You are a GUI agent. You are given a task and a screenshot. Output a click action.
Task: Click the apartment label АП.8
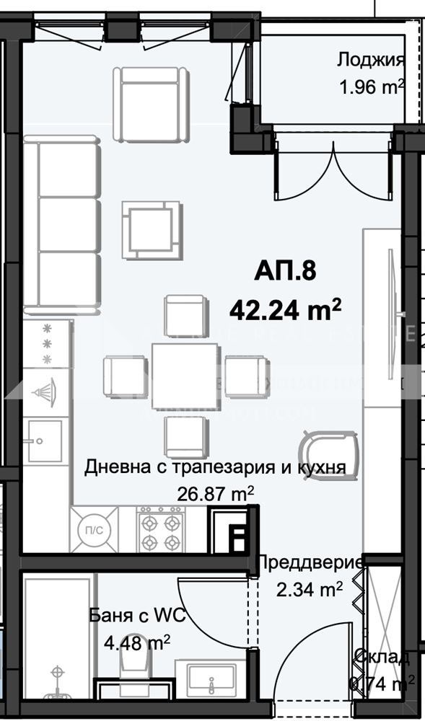tap(285, 273)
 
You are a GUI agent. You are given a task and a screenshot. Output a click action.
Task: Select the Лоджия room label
tap(370, 61)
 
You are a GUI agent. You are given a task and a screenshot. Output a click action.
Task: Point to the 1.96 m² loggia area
tap(371, 88)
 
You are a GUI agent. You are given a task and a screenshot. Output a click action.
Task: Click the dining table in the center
tap(185, 376)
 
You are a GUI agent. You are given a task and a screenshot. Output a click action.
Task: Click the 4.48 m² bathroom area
tap(137, 642)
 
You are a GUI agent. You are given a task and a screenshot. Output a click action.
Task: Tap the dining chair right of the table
tap(246, 376)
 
